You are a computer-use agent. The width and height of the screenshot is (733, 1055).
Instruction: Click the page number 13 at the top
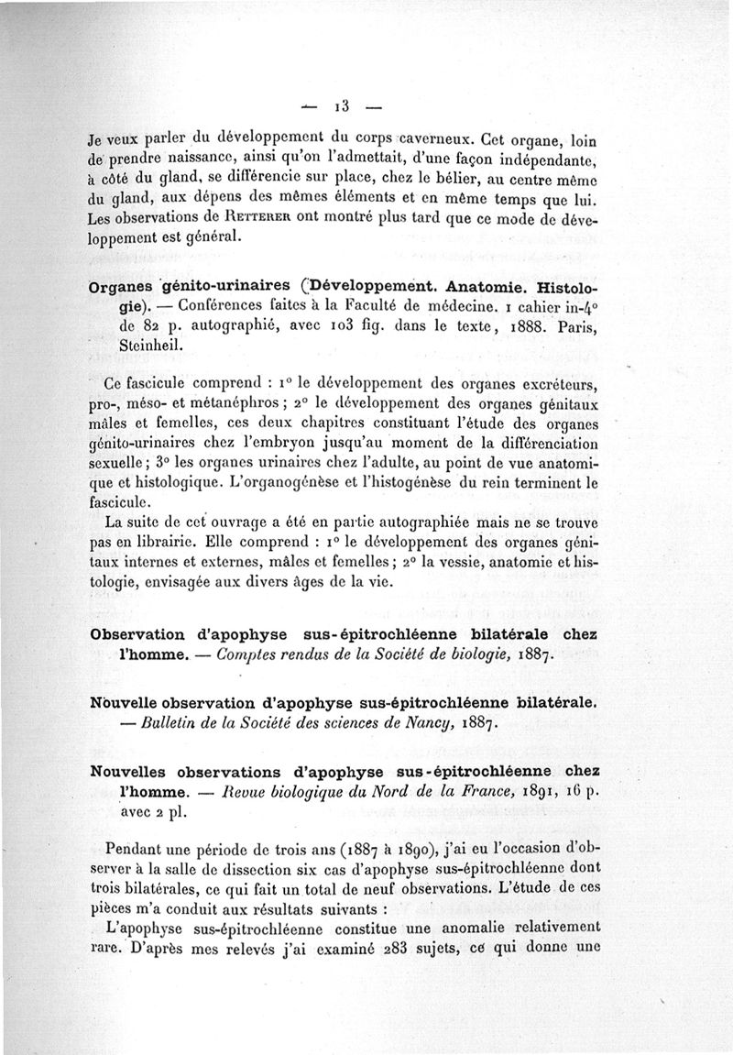coord(349,99)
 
